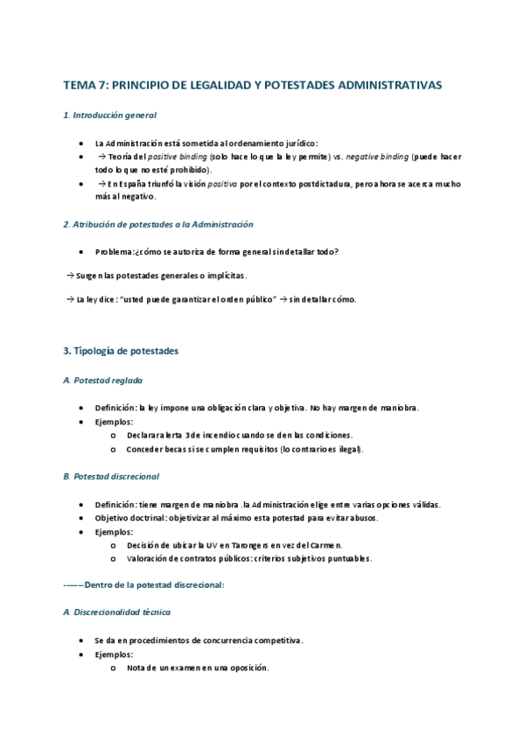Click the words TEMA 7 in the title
point(85,85)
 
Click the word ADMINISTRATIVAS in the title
point(389,85)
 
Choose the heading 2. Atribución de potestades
point(158,224)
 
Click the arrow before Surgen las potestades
point(69,276)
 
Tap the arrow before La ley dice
point(69,299)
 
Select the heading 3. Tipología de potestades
point(121,351)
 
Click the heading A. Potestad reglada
point(103,381)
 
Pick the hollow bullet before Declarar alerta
point(114,435)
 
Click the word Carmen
point(326,545)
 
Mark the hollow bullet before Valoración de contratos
point(114,559)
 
